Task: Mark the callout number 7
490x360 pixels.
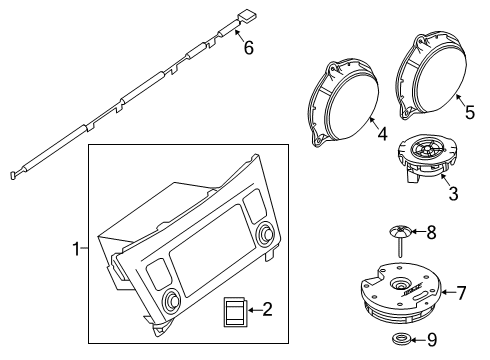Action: pos(462,293)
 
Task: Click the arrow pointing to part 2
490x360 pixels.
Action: pos(254,311)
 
